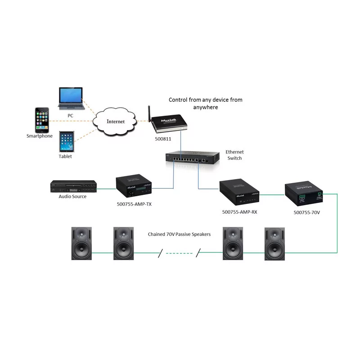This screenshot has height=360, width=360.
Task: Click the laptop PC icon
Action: point(70,98)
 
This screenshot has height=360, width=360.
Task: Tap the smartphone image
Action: point(42,119)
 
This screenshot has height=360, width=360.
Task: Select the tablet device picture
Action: point(66,142)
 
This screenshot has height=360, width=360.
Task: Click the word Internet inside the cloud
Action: point(115,121)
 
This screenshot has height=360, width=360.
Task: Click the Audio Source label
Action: point(72,197)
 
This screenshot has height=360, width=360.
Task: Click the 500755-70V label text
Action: point(306,212)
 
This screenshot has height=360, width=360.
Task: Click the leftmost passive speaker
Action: point(82,243)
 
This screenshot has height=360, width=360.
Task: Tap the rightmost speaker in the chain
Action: point(274,243)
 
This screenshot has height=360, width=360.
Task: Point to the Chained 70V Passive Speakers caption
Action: point(179,234)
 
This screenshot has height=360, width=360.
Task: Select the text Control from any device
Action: point(205,100)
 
